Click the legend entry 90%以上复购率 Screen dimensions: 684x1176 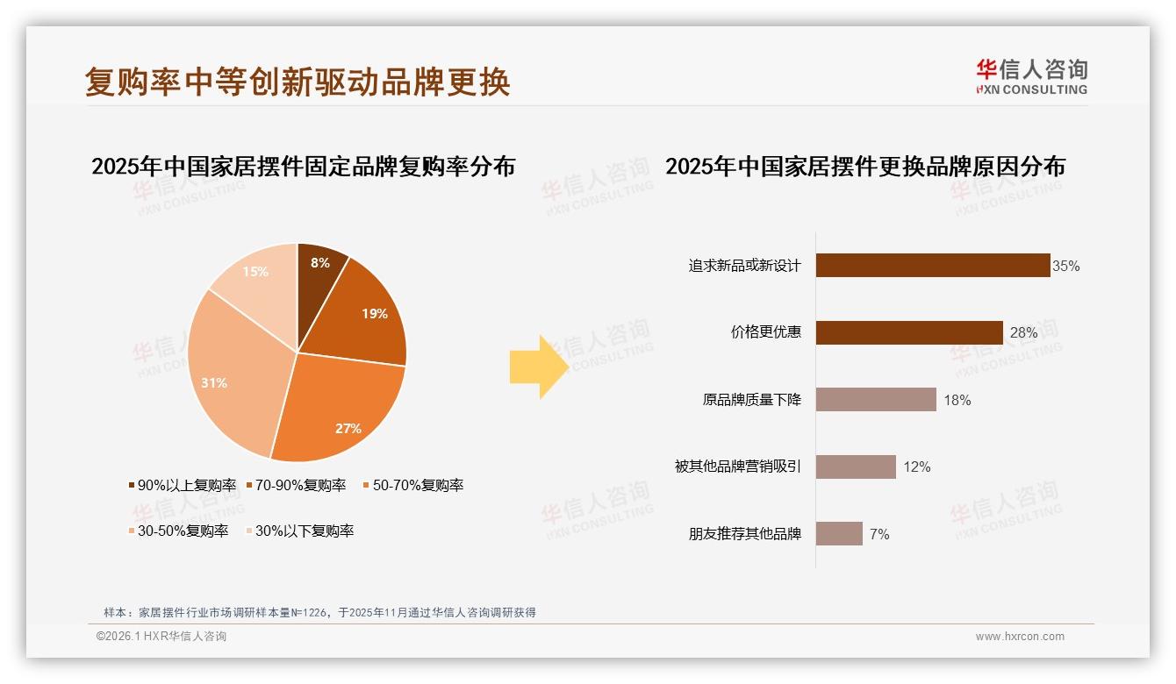(x=183, y=485)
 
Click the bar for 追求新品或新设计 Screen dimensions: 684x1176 (x=933, y=266)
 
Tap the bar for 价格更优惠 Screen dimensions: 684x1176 (x=909, y=332)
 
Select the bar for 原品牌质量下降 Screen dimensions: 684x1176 (x=876, y=400)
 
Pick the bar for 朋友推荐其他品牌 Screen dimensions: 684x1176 (x=839, y=533)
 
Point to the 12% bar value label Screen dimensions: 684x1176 (x=917, y=467)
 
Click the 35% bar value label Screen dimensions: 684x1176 (x=1066, y=266)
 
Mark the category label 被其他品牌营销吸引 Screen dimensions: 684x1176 (x=737, y=467)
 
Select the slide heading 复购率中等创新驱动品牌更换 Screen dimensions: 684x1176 (x=298, y=82)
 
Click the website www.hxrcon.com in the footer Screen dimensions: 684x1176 (x=1020, y=637)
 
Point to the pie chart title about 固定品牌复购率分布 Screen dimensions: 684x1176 (x=303, y=167)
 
